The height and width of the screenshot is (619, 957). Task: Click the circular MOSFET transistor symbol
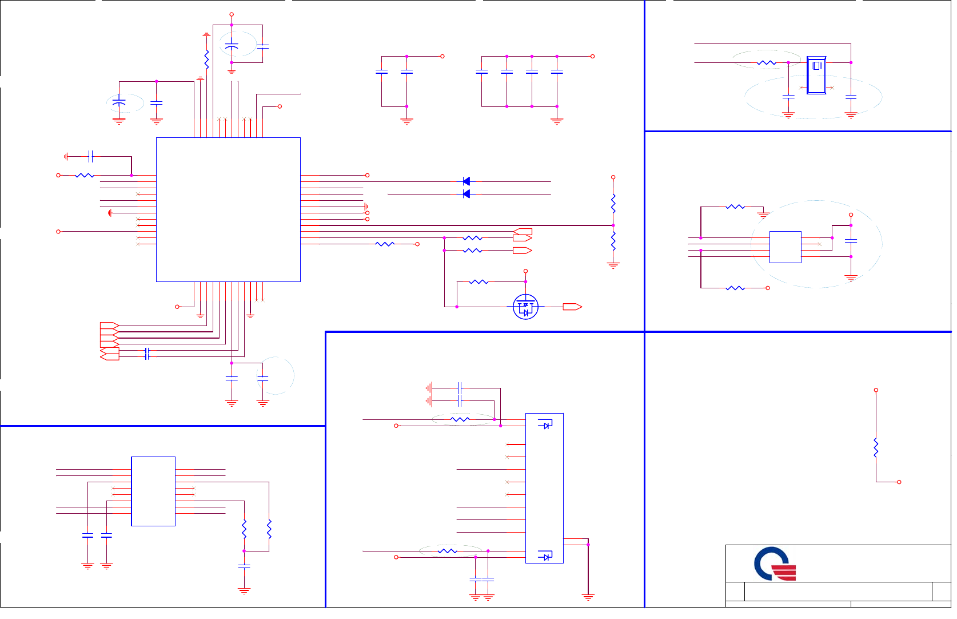click(525, 307)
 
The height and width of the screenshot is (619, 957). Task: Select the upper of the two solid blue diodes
click(466, 181)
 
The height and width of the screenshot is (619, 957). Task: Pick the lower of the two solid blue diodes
click(466, 194)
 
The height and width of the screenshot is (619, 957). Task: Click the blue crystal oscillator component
click(816, 75)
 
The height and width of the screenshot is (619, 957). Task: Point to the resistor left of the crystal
click(766, 62)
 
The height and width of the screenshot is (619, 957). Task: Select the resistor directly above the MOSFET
click(478, 282)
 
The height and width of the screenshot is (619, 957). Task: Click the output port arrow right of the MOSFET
click(572, 307)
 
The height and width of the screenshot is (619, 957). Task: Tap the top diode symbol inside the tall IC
click(545, 424)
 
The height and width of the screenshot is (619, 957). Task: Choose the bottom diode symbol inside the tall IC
click(545, 555)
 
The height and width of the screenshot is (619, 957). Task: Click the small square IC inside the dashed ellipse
click(785, 247)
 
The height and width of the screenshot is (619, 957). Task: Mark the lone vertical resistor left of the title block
click(876, 447)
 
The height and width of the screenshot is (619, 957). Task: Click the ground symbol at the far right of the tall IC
click(588, 597)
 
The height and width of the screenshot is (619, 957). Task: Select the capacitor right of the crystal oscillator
click(851, 97)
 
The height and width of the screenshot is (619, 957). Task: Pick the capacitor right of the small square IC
click(851, 241)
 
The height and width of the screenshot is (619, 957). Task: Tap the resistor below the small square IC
click(735, 288)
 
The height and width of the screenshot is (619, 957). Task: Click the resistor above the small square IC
click(735, 207)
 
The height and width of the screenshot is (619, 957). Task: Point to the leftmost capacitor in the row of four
click(482, 72)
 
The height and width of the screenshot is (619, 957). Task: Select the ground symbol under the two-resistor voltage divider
click(613, 265)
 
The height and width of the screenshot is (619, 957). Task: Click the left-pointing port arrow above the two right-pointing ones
click(523, 232)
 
